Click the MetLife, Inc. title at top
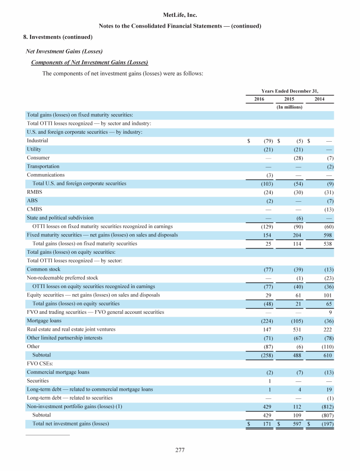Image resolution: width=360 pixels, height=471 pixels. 180,15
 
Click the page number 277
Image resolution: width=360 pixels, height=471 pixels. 180,451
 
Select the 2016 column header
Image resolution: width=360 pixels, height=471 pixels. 259,99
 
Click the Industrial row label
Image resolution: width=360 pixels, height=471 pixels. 37,140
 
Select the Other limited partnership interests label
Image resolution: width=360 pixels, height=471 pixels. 64,338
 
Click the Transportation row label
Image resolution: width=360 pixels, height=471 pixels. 43,166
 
